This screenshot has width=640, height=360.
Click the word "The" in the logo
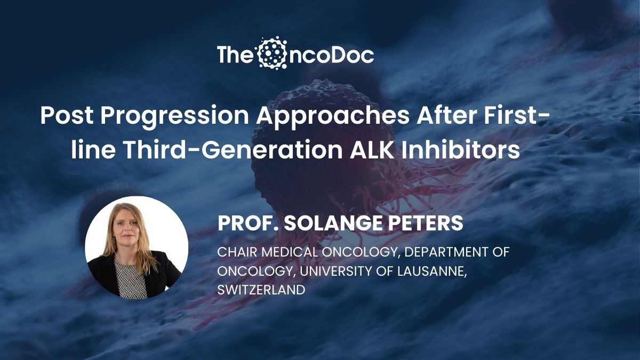pyautogui.click(x=234, y=55)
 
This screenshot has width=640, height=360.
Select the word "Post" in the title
pyautogui.click(x=67, y=116)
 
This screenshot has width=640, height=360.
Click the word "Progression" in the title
pyautogui.click(x=174, y=117)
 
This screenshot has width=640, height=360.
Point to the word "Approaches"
pyautogui.click(x=333, y=117)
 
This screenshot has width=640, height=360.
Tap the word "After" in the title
pyautogui.click(x=446, y=115)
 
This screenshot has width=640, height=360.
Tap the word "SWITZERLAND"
pyautogui.click(x=261, y=290)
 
